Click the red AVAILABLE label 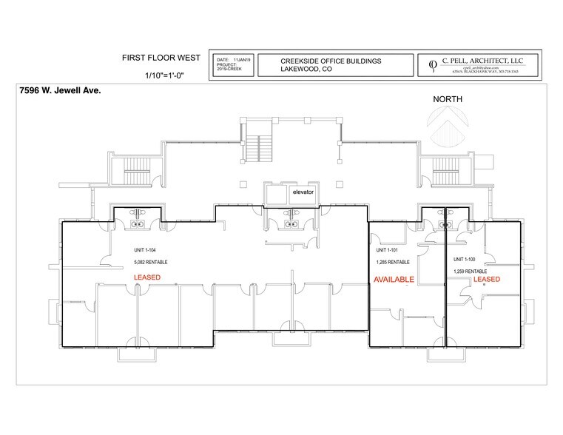[393, 280]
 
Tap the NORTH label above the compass [448, 98]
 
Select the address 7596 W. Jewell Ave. [57, 91]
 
